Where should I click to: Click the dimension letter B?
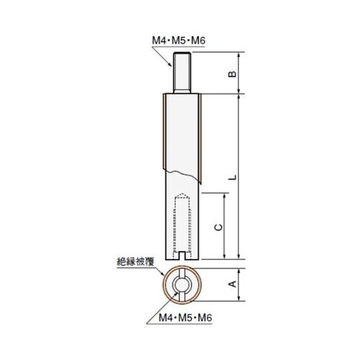click(231, 73)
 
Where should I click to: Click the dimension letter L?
click(231, 176)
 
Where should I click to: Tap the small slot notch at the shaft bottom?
click(183, 255)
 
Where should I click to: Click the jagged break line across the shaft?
click(183, 173)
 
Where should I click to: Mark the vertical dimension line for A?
click(240, 284)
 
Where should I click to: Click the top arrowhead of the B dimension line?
click(240, 55)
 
